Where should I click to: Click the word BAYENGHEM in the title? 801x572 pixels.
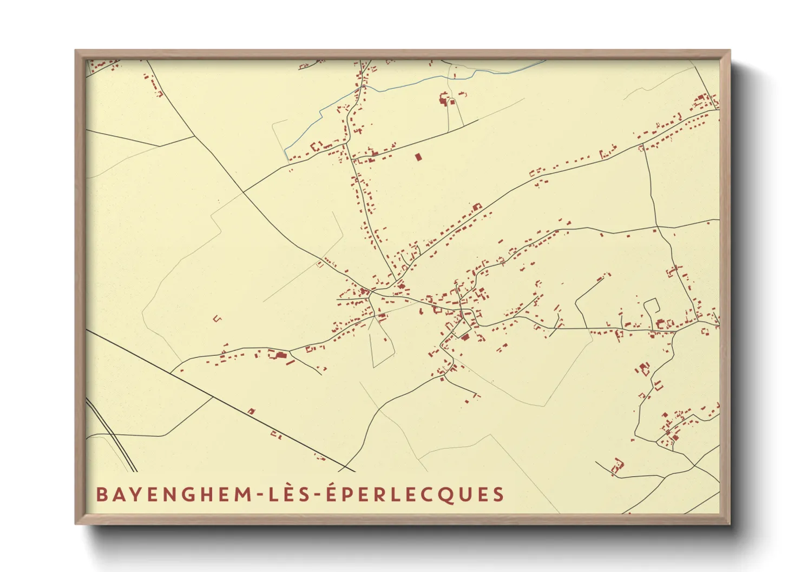point(172,495)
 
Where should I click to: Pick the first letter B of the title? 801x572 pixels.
point(101,495)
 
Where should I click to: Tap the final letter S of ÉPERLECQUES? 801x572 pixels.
point(498,495)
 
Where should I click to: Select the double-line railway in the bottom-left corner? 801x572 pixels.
point(111,433)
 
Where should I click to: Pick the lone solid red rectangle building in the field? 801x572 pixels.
point(417,157)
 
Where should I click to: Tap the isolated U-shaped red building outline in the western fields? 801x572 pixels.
point(218,318)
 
